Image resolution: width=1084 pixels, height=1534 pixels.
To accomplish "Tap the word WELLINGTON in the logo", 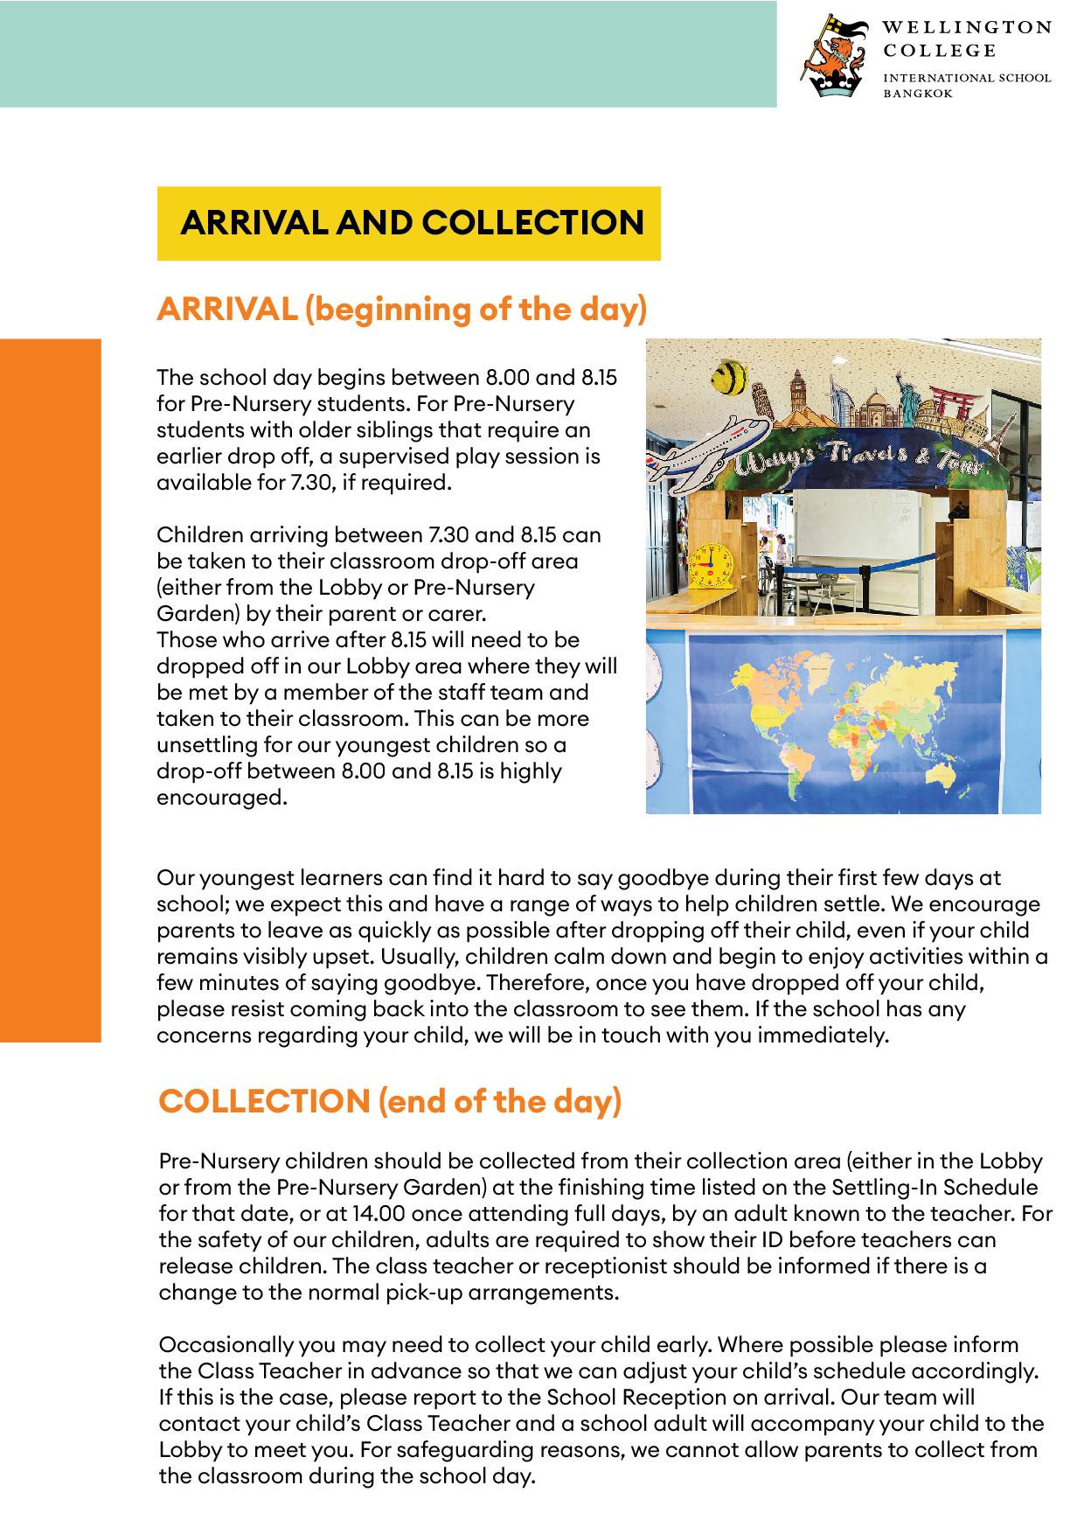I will [x=966, y=27].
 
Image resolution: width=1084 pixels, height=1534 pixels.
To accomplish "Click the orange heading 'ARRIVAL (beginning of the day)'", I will [x=401, y=310].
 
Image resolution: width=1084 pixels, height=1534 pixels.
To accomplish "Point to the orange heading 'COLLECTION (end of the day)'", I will [x=390, y=1101].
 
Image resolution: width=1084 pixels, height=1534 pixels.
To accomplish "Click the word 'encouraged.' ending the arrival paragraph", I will [x=222, y=798].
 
